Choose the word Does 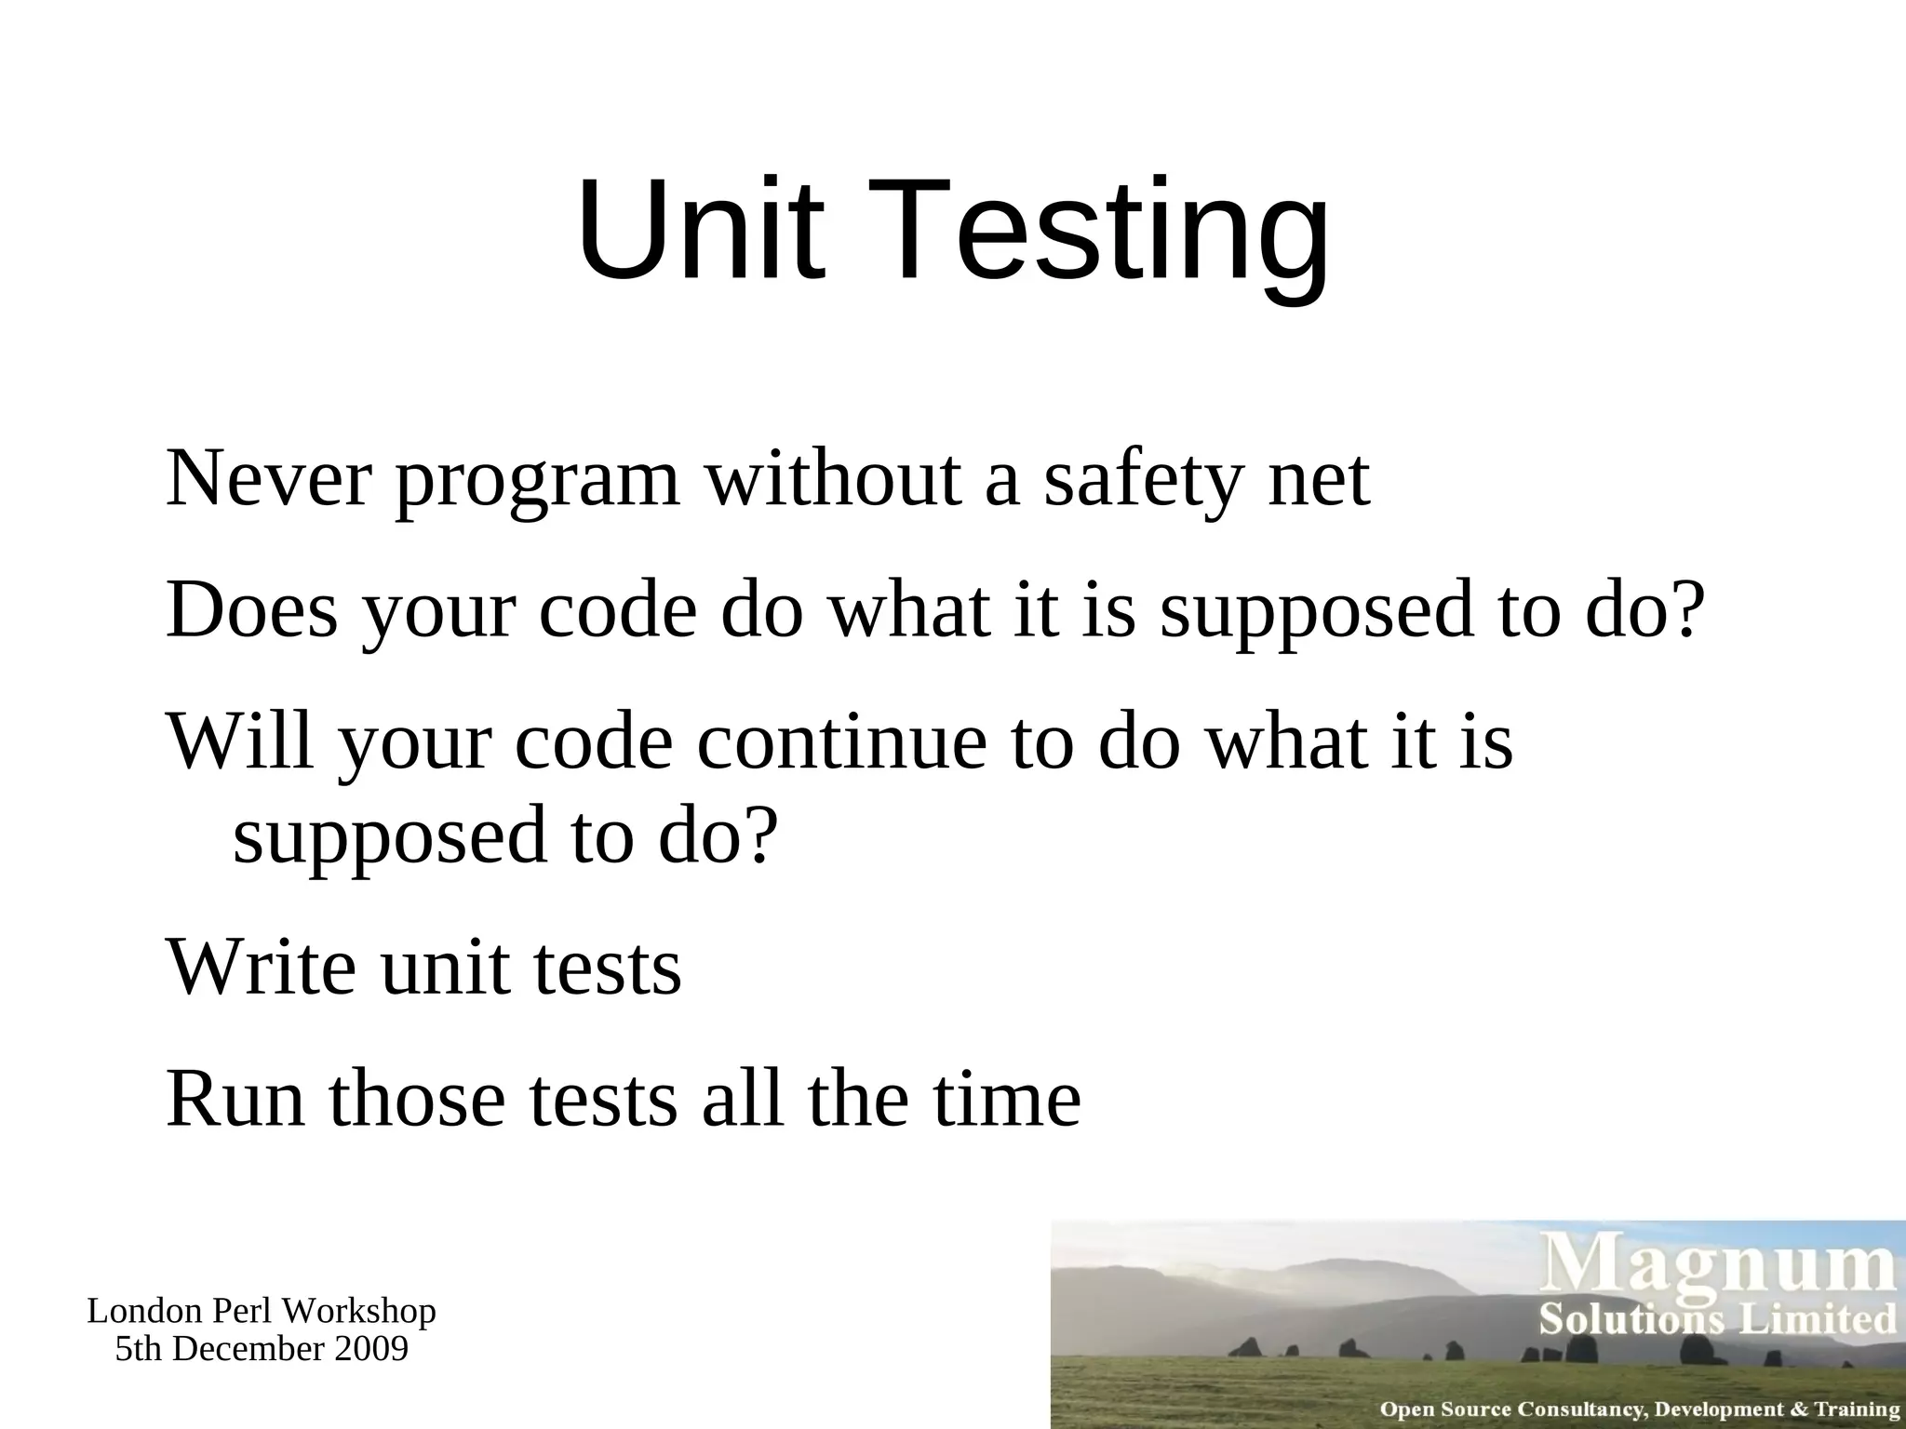[x=251, y=610]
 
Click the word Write [x=261, y=968]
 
